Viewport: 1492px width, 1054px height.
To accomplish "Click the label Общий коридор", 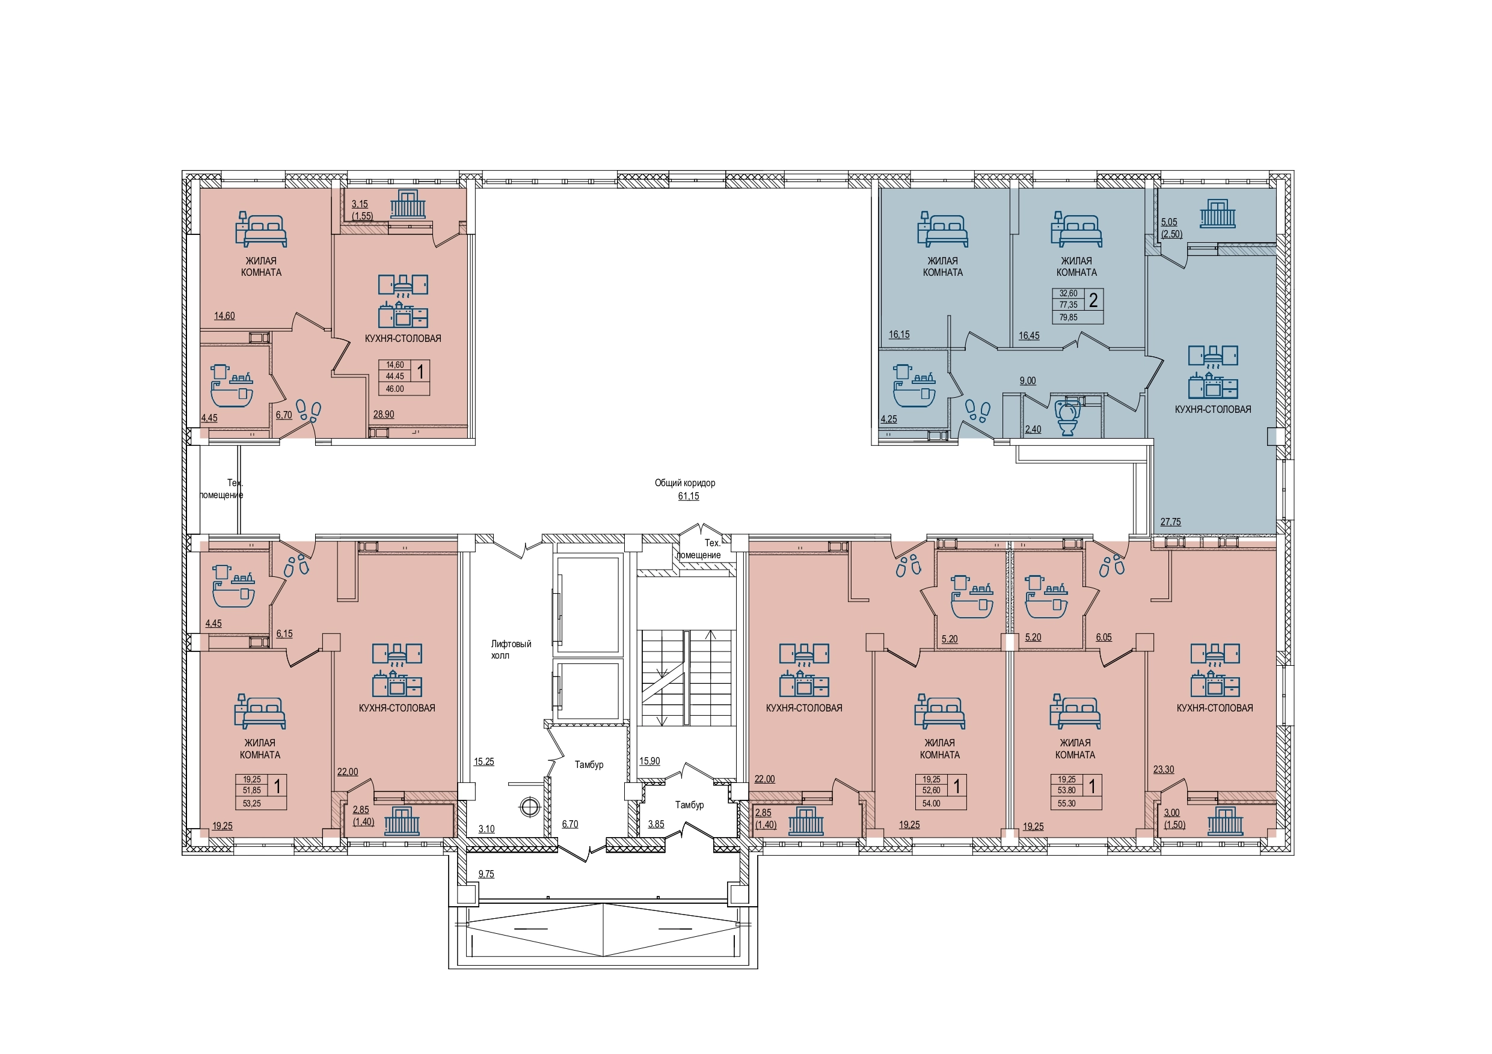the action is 685,483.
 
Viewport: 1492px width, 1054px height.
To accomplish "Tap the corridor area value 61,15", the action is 689,496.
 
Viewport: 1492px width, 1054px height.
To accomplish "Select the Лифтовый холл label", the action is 511,650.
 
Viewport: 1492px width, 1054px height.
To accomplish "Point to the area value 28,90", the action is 384,414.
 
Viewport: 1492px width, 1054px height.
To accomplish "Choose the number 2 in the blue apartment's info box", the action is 1093,300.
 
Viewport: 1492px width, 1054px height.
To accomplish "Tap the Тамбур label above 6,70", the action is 589,765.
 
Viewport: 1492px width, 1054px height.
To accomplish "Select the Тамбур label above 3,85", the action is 689,805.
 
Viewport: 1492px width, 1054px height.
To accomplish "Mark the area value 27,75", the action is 1170,522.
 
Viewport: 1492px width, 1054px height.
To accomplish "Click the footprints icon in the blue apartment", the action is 977,411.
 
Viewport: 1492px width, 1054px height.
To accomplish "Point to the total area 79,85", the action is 1068,317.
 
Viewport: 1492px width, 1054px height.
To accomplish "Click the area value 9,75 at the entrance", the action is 486,874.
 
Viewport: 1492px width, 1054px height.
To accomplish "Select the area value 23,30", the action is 1163,770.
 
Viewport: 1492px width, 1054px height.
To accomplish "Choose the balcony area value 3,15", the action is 360,204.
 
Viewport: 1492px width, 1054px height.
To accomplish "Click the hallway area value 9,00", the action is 1027,381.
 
